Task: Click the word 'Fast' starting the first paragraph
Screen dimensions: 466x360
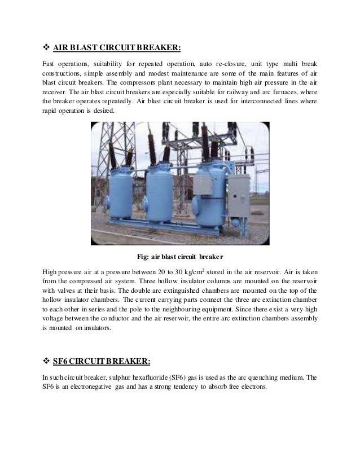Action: [49, 63]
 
